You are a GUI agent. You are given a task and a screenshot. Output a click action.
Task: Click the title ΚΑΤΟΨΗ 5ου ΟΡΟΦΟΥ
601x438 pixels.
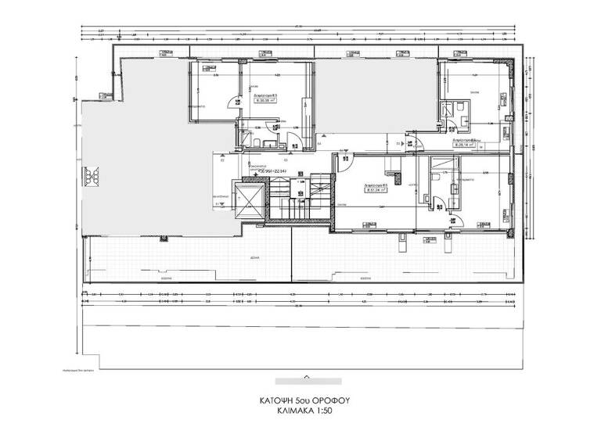(305, 399)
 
